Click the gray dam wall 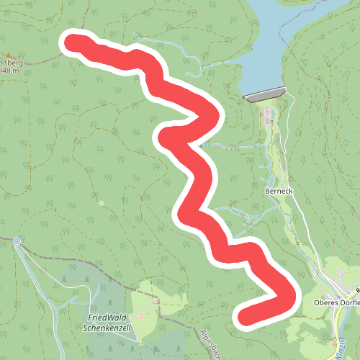(x=265, y=94)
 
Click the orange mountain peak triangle (x=8, y=55)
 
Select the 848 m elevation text (x=9, y=71)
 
